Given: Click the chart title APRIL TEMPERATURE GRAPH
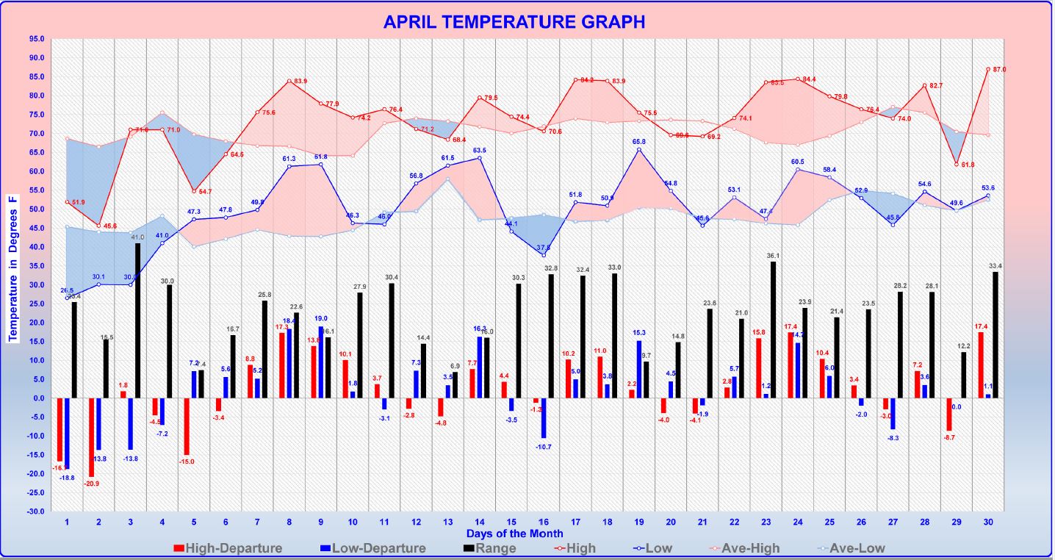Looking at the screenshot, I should click(x=514, y=22).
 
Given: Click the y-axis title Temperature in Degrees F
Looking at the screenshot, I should click(x=12, y=269).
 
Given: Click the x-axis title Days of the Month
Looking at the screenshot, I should click(x=514, y=534).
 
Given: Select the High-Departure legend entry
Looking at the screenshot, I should click(x=228, y=548).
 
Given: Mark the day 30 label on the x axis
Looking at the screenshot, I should click(x=988, y=523).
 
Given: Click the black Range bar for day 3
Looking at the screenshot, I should click(x=138, y=320).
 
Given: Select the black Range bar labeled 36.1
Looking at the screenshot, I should click(x=773, y=330).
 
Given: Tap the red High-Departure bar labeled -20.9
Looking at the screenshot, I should click(x=92, y=437).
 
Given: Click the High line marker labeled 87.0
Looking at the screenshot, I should click(x=988, y=69).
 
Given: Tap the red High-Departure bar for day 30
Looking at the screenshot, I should click(x=980, y=365).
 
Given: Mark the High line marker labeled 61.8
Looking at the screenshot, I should click(x=957, y=164).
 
